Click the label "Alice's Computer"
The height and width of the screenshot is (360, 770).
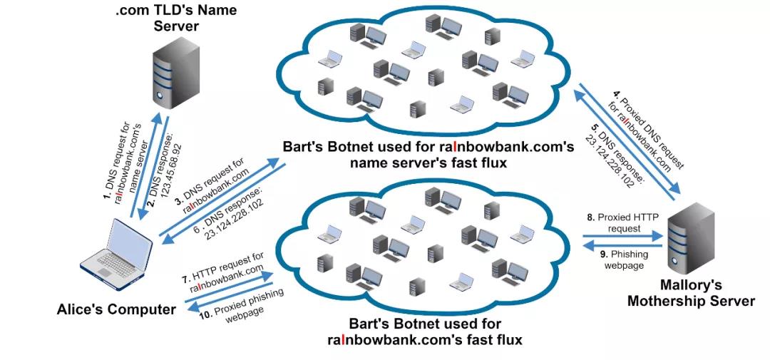(x=116, y=309)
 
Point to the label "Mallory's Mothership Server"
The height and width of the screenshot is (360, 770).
(x=692, y=293)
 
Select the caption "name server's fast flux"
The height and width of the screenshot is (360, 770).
(x=428, y=163)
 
